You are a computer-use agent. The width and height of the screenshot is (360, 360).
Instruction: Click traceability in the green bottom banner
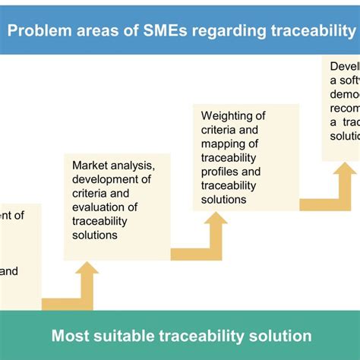tap(201, 335)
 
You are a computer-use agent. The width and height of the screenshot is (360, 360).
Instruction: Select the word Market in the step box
tap(89, 166)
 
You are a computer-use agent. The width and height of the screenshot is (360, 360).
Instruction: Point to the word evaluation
tap(101, 207)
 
